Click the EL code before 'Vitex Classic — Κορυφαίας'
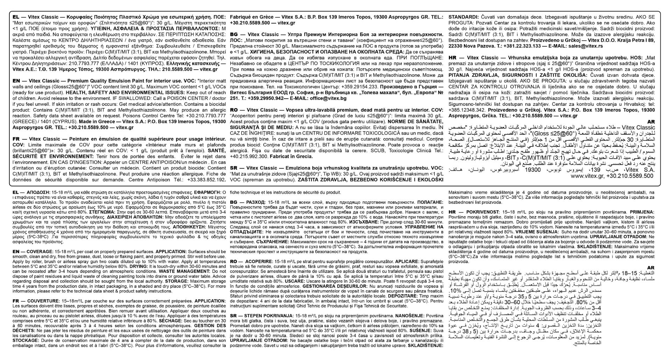(15, 17)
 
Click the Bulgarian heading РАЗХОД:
(253, 202)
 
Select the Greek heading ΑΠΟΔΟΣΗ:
(37, 193)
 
